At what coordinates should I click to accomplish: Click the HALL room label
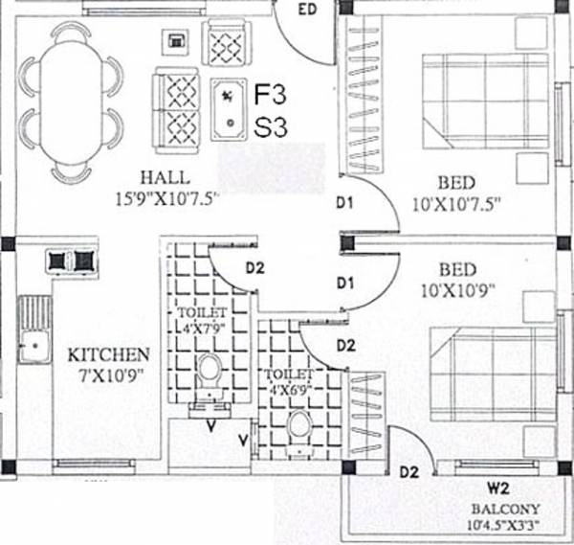164,178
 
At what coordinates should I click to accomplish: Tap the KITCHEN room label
107,354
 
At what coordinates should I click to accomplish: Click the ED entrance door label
308,11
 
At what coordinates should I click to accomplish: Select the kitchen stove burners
71,259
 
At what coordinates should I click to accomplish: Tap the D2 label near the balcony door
408,471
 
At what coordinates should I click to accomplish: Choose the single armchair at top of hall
229,43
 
